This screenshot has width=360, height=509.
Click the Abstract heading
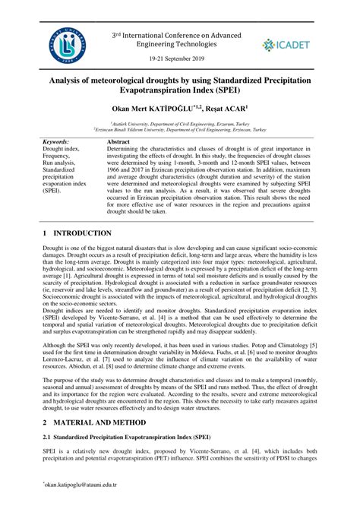coord(120,142)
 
